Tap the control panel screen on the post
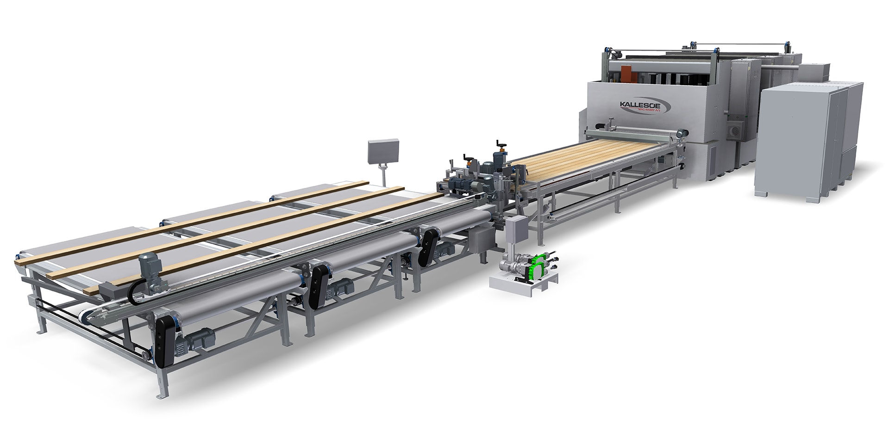click(x=383, y=151)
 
